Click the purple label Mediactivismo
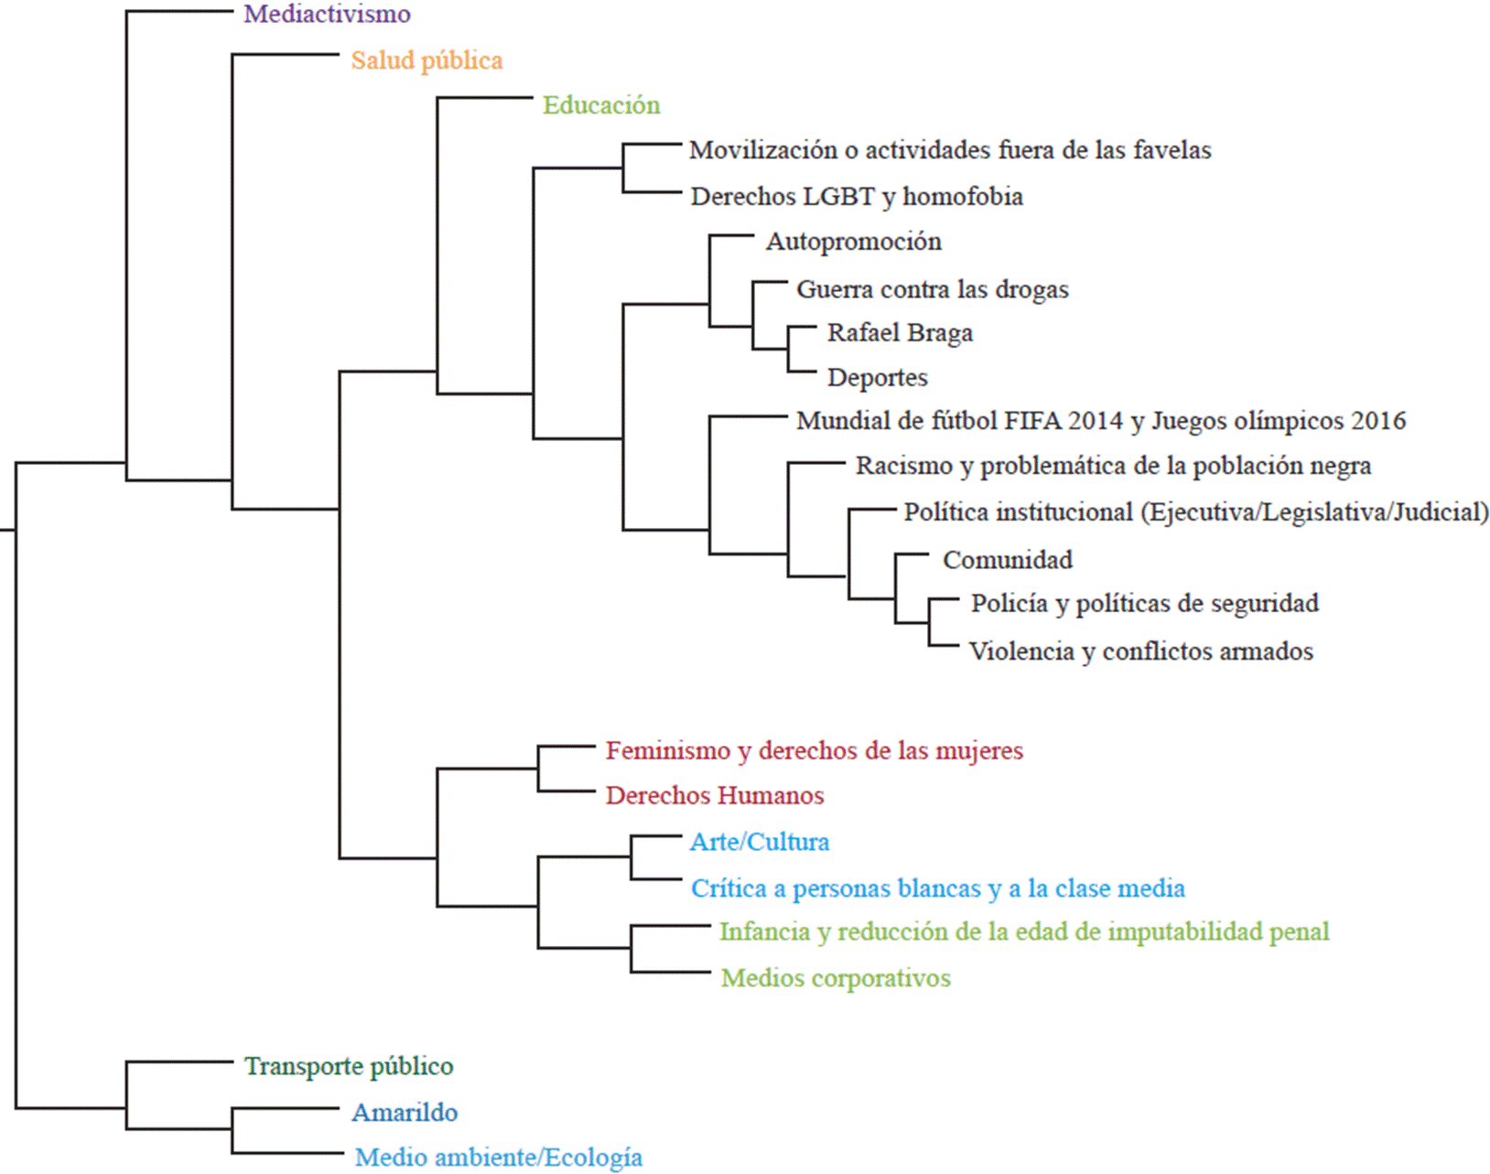(327, 15)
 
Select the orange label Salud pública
(426, 60)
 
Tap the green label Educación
(600, 105)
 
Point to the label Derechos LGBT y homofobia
(857, 197)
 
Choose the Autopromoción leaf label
(853, 242)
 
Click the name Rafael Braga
(900, 333)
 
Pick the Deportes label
(877, 377)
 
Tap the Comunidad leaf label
(1007, 560)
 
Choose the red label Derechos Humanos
(714, 795)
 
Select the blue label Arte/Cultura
(759, 842)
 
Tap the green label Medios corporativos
(835, 978)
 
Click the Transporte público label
(348, 1066)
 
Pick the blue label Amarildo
(405, 1113)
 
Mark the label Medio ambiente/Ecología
(498, 1158)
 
